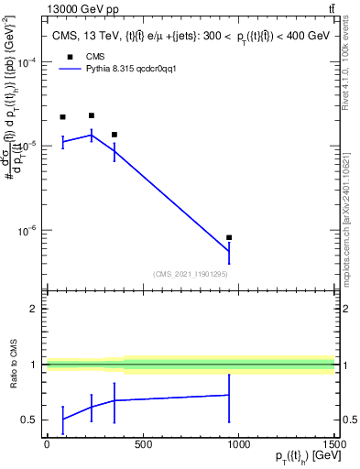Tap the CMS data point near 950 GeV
pos(229,237)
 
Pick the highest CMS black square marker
pos(92,115)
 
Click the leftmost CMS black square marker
pos(62,117)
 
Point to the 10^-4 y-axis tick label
pos(26,61)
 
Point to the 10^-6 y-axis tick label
pos(26,231)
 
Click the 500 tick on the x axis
pos(142,444)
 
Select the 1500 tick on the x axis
pos(334,444)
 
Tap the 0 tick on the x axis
pos(46,444)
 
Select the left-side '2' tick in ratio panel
pos(33,310)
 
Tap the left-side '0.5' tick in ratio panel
pos(29,420)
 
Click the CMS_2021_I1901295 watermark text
pos(190,274)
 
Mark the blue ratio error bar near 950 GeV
pos(229,395)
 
